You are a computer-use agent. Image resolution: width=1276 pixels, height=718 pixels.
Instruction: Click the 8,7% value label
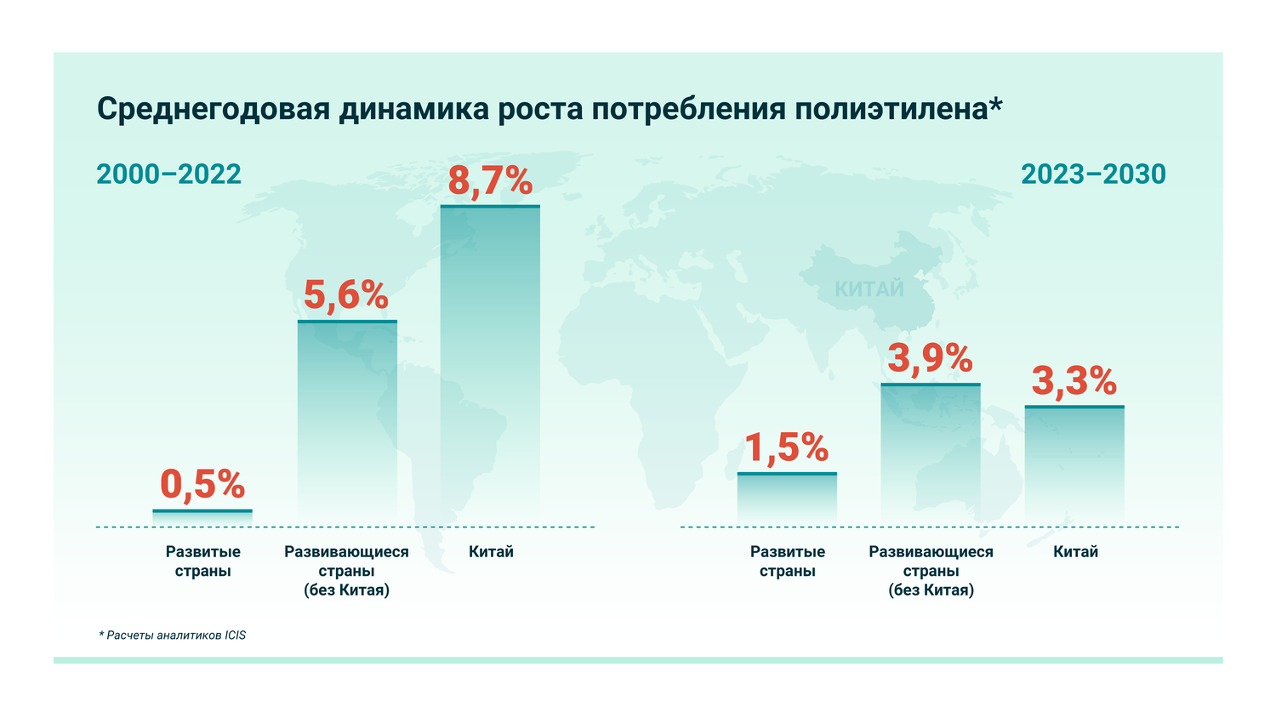coord(490,181)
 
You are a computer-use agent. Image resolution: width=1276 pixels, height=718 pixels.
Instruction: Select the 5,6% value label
coord(346,295)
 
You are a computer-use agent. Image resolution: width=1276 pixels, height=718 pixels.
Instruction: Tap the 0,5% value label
coord(202,484)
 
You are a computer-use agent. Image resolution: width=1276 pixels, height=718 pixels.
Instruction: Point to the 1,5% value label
coord(787,447)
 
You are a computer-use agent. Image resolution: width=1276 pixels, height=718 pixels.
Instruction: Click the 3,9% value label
coord(930,358)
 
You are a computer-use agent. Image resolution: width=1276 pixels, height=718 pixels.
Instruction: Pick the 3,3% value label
coord(1074,381)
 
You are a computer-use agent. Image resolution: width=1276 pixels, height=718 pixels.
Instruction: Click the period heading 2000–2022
coord(168,174)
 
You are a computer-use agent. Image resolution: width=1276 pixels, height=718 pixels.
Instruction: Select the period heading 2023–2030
coord(1093,174)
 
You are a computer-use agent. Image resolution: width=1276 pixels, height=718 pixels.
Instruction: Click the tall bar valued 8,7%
coord(490,366)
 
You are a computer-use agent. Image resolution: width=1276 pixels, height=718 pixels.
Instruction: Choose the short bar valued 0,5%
coord(202,517)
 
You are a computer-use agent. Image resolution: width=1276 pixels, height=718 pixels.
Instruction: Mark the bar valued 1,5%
coord(787,499)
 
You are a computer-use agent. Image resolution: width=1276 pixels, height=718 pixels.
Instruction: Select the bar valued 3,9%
coord(931,454)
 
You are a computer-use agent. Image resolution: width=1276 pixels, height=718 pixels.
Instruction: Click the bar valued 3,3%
coord(1074,465)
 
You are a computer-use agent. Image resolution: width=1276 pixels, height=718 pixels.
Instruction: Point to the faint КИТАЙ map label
coord(869,289)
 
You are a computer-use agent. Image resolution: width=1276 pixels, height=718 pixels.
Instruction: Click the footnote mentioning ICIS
coord(172,635)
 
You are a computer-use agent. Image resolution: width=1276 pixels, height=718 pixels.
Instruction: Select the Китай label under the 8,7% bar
coord(491,552)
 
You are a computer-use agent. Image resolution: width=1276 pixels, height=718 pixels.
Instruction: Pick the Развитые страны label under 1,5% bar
coord(787,561)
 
